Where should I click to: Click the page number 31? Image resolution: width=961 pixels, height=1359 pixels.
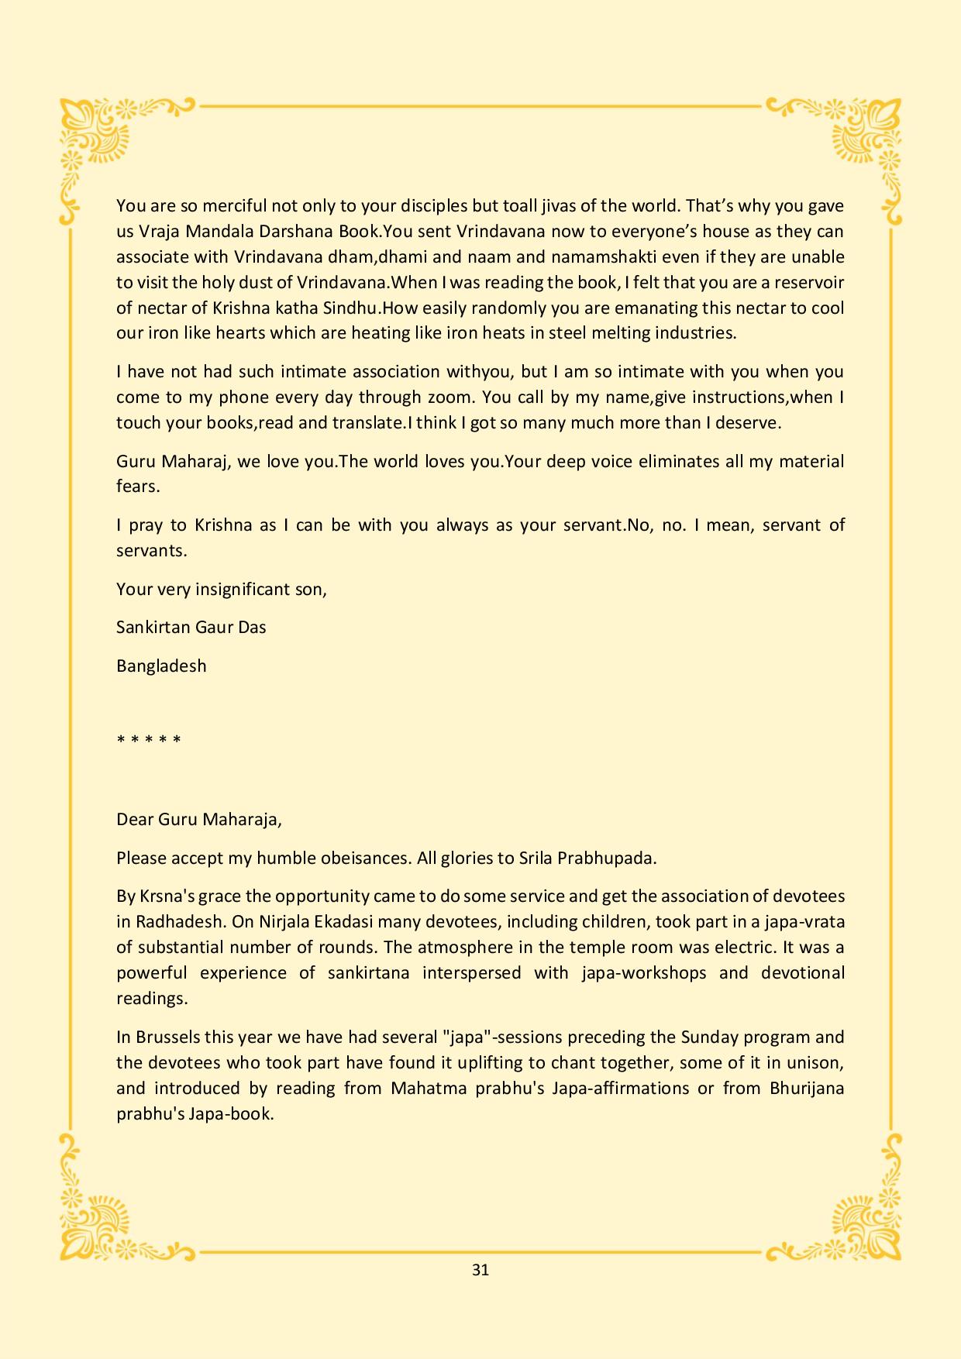coord(480,1270)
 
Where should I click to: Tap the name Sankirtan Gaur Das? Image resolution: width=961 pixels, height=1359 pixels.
coord(191,627)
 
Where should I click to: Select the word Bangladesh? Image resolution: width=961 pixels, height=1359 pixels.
coord(161,666)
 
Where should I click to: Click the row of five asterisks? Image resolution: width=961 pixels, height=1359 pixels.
coord(149,740)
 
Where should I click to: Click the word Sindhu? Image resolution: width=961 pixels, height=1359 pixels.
coord(348,308)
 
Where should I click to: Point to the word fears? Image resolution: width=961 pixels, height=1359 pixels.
coord(137,487)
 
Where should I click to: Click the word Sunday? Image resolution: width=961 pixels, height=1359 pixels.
coord(709,1037)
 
